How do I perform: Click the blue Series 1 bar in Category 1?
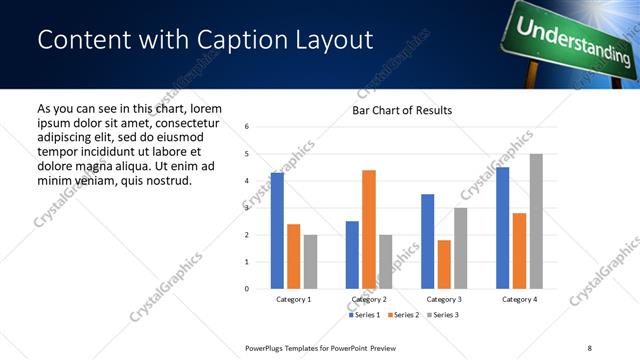[x=277, y=231]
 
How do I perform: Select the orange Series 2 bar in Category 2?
[x=369, y=229]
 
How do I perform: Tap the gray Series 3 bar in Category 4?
[x=536, y=221]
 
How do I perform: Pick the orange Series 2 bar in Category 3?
[x=444, y=264]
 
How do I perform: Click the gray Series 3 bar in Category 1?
[x=310, y=262]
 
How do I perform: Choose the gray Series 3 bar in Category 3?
[x=460, y=248]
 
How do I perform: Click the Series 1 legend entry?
[x=364, y=315]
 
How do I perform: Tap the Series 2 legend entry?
[x=400, y=315]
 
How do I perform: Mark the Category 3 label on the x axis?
[x=444, y=299]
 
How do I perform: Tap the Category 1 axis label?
[x=294, y=299]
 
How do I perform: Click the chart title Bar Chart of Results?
[x=402, y=110]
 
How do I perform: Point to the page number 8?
[x=589, y=347]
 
